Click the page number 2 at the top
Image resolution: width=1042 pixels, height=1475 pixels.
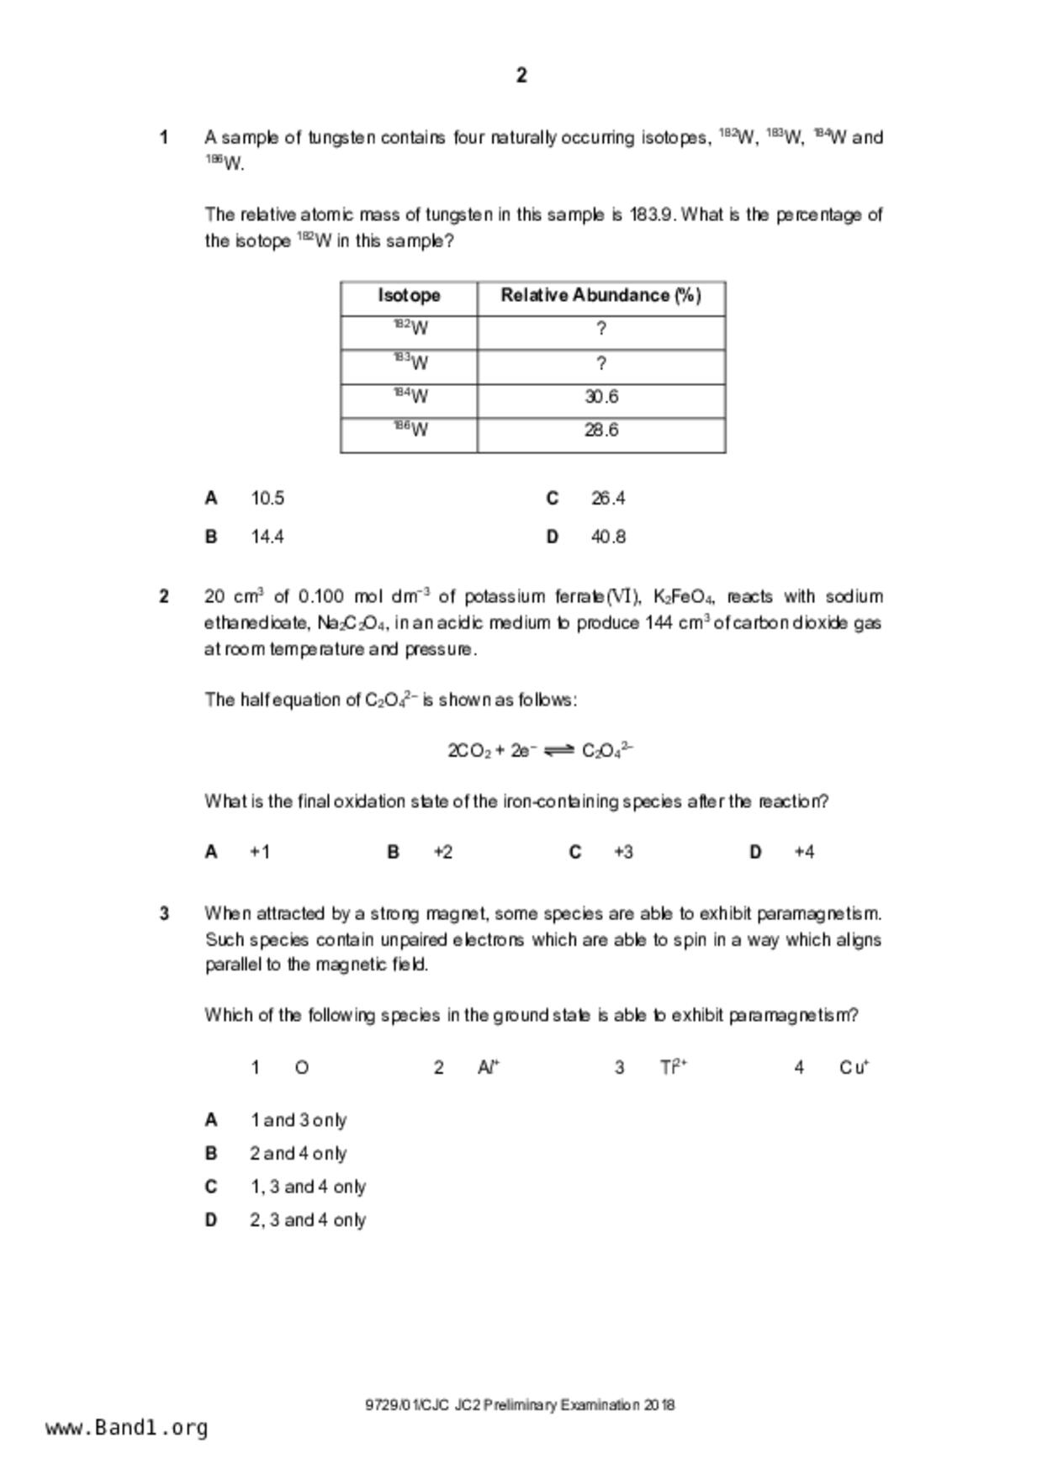(x=521, y=76)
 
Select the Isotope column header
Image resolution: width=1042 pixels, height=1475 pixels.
(x=409, y=295)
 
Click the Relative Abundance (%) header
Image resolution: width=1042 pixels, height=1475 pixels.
(x=600, y=295)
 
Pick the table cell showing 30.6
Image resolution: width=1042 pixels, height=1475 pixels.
(x=601, y=397)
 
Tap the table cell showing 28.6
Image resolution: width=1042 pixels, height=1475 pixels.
(x=601, y=431)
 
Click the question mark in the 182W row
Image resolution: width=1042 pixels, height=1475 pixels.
(x=601, y=330)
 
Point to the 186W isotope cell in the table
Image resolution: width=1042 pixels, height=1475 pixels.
(x=410, y=430)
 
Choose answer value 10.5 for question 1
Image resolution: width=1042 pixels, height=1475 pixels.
(x=267, y=499)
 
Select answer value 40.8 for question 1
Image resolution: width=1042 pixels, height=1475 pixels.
(x=608, y=537)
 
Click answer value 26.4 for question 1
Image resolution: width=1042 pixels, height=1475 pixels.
(x=608, y=499)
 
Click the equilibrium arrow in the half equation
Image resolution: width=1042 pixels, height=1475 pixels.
(x=558, y=751)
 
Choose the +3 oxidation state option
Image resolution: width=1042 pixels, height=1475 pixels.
(x=623, y=852)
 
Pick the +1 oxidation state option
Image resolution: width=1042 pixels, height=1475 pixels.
(x=260, y=852)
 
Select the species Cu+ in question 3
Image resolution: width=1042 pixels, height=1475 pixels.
(x=854, y=1067)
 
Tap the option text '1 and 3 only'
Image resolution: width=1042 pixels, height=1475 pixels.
(x=299, y=1120)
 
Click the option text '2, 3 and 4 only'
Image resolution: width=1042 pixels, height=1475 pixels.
(x=308, y=1219)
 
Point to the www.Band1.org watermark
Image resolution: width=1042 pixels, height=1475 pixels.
(x=127, y=1427)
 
